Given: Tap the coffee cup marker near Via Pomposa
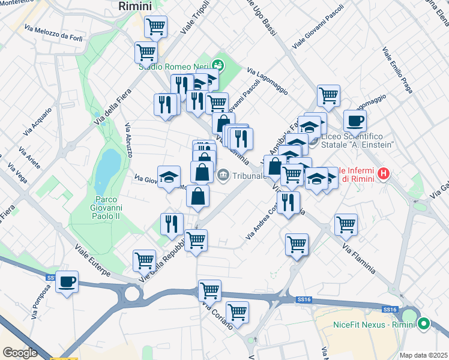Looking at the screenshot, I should click(67, 281).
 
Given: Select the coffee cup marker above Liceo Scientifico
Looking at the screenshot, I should click(355, 121).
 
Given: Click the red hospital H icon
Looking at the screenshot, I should click(383, 175).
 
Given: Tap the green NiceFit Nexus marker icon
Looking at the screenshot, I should click(424, 324).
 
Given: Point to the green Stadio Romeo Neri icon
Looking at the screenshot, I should click(218, 63).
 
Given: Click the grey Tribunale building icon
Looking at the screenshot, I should click(223, 176).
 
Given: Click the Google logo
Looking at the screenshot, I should click(20, 353).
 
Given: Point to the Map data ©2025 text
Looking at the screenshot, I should click(424, 355).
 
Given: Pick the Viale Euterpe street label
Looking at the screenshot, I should click(92, 260).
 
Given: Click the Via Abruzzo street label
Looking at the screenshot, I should click(129, 140).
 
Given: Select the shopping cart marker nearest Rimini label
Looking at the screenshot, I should click(155, 26).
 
